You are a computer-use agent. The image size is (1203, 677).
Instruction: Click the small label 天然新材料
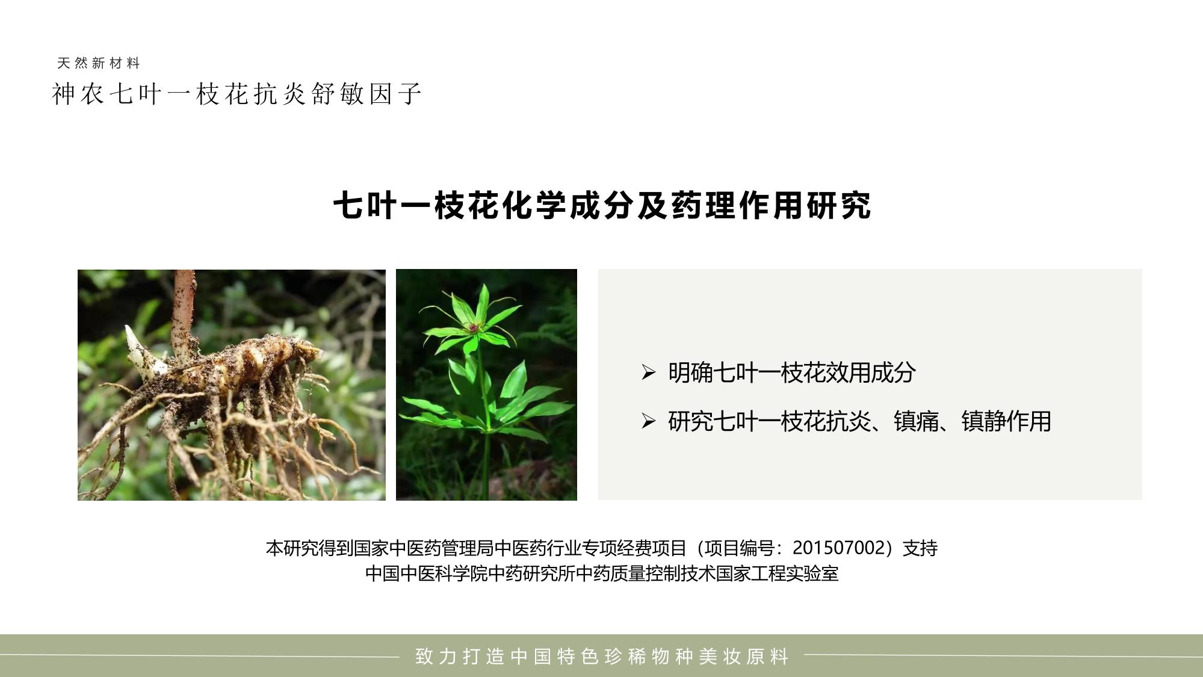(x=98, y=63)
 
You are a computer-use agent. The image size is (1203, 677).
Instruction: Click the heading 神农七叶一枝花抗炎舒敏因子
(x=237, y=94)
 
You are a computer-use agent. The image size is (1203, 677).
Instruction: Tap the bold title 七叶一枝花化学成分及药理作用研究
(x=602, y=206)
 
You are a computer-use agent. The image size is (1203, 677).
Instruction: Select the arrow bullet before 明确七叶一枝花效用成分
(x=648, y=373)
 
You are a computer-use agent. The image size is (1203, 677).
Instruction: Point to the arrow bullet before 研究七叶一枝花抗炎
(x=648, y=421)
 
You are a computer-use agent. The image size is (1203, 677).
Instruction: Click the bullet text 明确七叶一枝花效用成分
(x=792, y=373)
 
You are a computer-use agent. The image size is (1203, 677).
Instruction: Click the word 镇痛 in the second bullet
(x=917, y=421)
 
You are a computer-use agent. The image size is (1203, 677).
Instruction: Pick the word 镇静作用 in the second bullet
(x=1006, y=421)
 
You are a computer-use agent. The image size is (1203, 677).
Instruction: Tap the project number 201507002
(x=841, y=548)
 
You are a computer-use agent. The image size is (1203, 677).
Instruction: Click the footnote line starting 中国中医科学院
(x=602, y=573)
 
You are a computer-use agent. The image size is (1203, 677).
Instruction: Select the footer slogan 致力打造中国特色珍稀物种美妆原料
(x=602, y=656)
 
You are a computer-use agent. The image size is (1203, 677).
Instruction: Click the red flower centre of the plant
(x=474, y=328)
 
